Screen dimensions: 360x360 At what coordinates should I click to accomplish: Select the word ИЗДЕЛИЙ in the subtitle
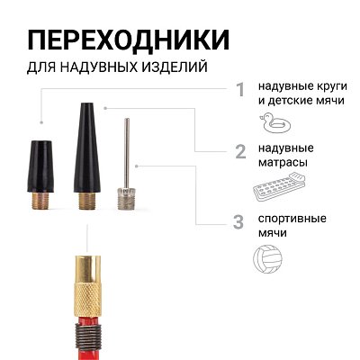click(176, 68)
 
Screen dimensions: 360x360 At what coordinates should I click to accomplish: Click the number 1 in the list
click(239, 90)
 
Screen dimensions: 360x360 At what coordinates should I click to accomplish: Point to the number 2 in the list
click(239, 150)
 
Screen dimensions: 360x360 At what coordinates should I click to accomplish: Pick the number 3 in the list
click(238, 222)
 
